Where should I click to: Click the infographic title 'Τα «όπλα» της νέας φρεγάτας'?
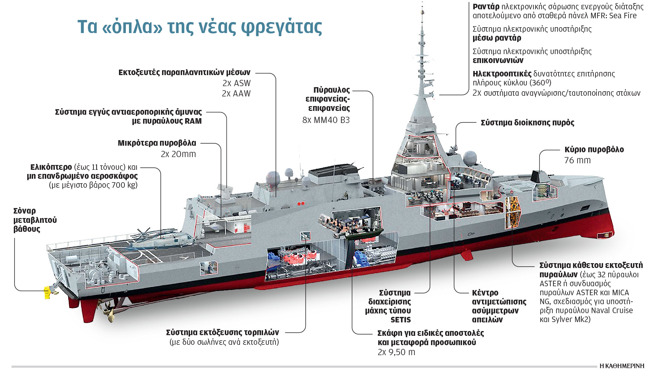200,27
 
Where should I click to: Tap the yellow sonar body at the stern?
48,292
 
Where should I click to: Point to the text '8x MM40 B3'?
326,120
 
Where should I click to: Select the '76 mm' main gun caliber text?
577,161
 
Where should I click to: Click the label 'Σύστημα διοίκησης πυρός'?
527,123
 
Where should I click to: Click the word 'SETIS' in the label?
400,320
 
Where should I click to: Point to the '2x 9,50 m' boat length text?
396,352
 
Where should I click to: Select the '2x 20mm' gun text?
178,154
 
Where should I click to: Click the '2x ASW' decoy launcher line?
237,83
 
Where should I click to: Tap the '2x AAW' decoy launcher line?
236,94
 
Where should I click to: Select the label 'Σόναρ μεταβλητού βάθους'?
35,220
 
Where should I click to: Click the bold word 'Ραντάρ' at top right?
486,7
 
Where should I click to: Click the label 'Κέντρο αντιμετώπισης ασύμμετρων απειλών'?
499,306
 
